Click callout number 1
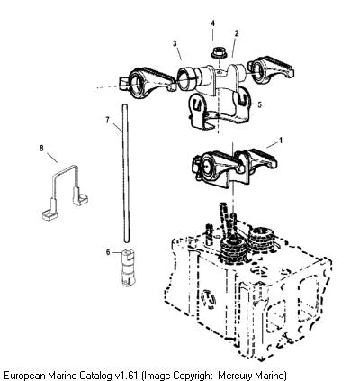(281, 141)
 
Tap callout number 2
(237, 33)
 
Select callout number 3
(175, 43)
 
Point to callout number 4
(212, 23)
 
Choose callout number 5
(259, 104)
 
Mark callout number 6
(108, 252)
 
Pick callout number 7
(108, 120)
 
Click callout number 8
(41, 148)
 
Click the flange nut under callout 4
(217, 52)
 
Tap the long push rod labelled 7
(126, 173)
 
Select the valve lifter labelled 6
(129, 268)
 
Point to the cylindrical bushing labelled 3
(186, 78)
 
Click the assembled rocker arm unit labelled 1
(234, 168)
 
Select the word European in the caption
(24, 376)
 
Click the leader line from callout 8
(52, 158)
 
